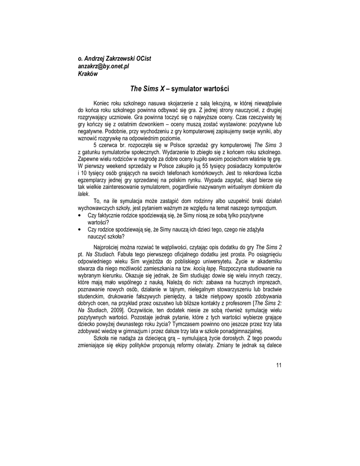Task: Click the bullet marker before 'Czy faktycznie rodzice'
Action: tap(80, 215)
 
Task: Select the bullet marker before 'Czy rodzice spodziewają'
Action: tap(80, 230)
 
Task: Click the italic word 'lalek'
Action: tap(83, 194)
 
